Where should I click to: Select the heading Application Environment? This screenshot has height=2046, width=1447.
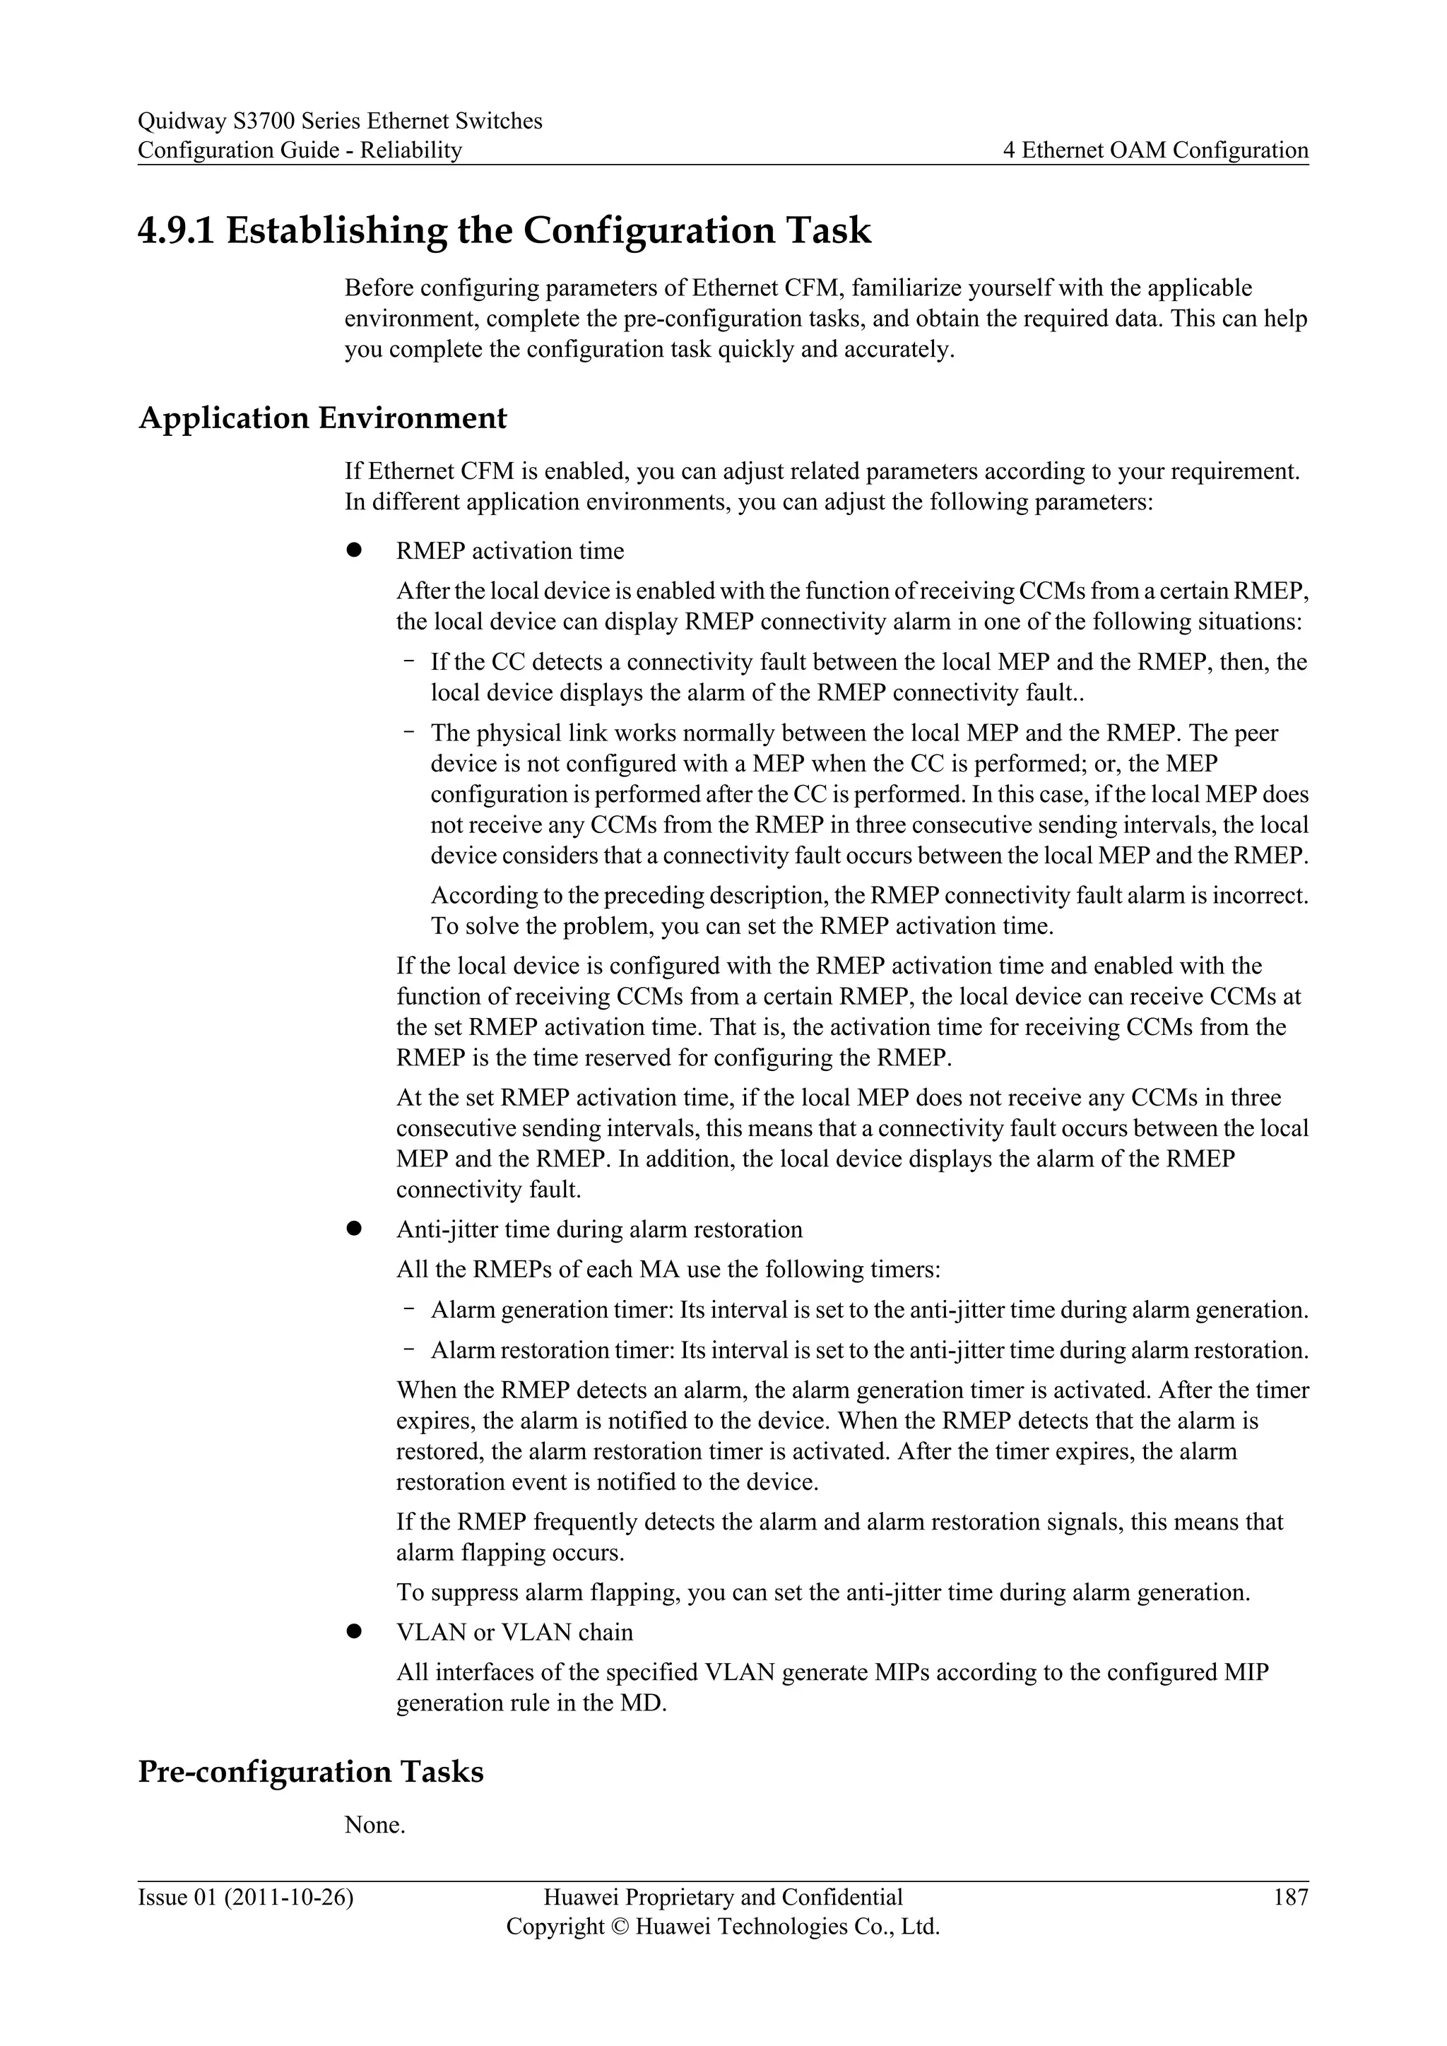[x=323, y=418]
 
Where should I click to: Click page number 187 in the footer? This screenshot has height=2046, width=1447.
[x=1291, y=1897]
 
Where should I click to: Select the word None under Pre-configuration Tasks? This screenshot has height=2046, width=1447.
[x=374, y=1825]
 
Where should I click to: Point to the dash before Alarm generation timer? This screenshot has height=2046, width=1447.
[x=409, y=1308]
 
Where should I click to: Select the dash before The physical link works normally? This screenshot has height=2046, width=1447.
[x=409, y=732]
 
